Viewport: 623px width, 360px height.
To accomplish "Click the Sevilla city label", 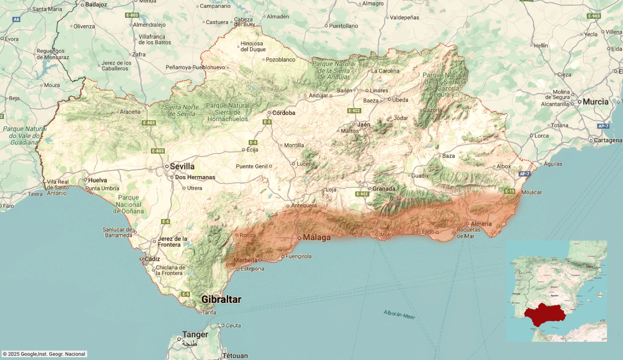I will pos(182,167).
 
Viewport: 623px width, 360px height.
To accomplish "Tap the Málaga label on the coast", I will pos(317,238).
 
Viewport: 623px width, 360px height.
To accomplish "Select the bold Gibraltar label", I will pos(221,299).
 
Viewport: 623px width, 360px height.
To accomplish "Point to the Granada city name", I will pos(384,189).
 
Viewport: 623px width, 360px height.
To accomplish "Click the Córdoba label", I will pos(283,113).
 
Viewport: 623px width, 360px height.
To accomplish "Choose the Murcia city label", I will pos(595,102).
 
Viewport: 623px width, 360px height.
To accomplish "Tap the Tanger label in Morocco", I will pos(195,334).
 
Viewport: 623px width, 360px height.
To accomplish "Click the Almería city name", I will pos(481,224).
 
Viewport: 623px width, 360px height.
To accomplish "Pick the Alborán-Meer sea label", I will pos(399,315).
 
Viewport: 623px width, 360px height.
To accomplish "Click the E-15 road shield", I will pos(510,191).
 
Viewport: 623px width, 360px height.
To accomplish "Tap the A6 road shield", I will pos(16,19).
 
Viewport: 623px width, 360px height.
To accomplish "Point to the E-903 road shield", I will pos(594,16).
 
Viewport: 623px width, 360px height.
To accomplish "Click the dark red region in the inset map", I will pos(545,315).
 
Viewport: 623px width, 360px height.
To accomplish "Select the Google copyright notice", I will pos(44,354).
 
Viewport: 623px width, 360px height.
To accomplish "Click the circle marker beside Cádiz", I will pos(141,259).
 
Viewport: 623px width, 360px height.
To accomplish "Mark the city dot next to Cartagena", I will pos(591,141).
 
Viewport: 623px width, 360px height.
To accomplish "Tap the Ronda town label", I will pos(248,235).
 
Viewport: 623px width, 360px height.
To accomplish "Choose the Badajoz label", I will pos(96,5).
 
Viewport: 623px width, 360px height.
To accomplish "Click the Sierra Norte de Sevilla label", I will pos(182,111).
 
